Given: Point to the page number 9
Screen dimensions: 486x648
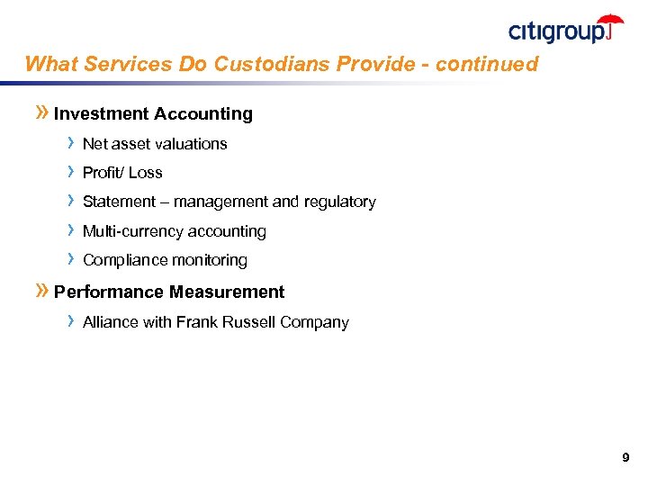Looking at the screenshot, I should [x=625, y=459].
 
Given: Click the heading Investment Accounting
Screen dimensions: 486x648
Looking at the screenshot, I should [x=153, y=114].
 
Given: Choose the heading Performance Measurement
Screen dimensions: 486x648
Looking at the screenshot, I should [x=169, y=292].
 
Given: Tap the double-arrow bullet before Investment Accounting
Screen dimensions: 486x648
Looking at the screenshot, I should [x=41, y=113].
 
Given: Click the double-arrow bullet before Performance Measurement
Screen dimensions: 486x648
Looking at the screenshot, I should [x=41, y=292].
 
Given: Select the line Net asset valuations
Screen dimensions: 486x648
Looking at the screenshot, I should [x=155, y=144].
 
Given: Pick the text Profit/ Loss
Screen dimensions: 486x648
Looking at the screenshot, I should [x=122, y=173].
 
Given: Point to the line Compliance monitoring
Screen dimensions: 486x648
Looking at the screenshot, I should [x=165, y=260].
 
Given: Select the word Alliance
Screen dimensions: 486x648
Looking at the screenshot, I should [x=110, y=322].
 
